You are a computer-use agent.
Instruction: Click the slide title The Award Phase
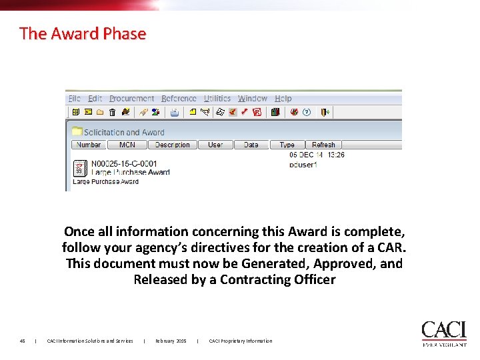coord(83,33)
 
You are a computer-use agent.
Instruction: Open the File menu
coord(75,99)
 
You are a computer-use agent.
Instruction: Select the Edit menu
coord(95,99)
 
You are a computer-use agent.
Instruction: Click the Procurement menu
coord(131,99)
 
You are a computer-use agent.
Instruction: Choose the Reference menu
coord(179,99)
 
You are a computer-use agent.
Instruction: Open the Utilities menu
coord(217,99)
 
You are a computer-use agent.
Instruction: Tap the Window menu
coord(253,99)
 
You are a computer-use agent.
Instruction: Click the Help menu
coord(283,99)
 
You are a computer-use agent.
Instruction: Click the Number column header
coord(89,145)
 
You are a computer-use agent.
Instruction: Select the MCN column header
coord(127,145)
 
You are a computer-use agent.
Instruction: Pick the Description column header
coord(173,145)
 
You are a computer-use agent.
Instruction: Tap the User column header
coord(215,145)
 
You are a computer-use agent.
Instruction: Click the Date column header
coord(251,145)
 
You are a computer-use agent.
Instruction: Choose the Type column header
coord(287,145)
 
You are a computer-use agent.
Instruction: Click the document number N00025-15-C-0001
coord(124,163)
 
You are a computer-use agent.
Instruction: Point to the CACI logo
coord(443,333)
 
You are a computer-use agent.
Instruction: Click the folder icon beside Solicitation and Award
coord(77,132)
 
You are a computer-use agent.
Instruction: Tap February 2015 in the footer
coord(171,341)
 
